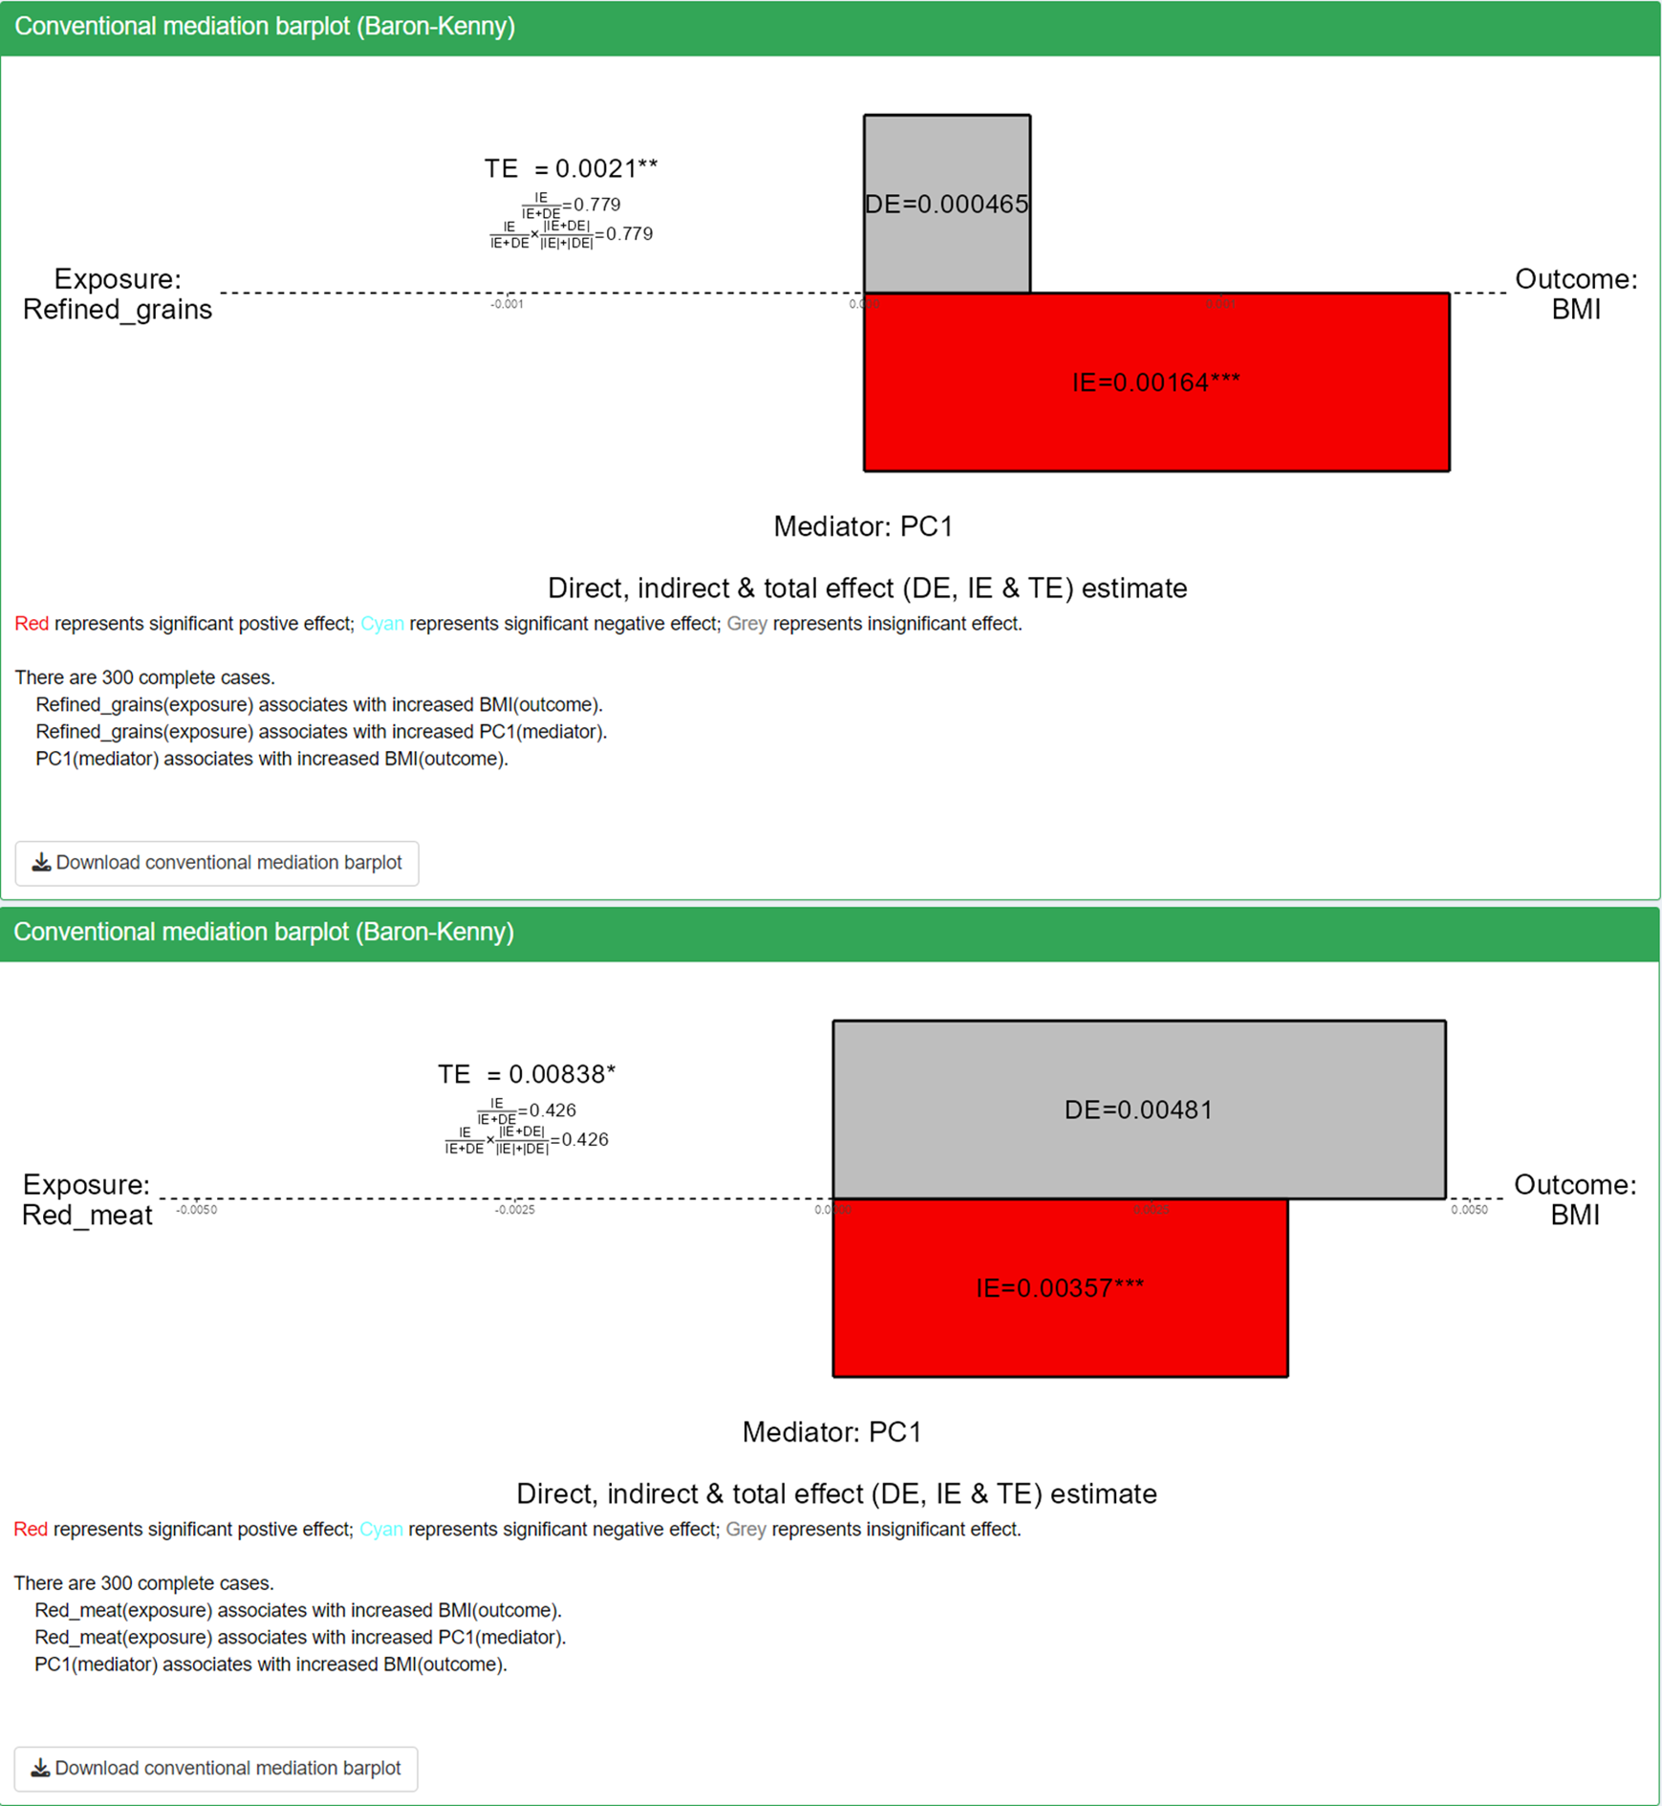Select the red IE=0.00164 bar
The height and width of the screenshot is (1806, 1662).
point(1155,382)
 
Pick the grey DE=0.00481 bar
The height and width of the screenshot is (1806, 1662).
point(1138,1109)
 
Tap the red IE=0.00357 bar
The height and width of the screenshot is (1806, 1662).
point(1059,1288)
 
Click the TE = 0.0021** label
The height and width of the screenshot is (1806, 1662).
point(571,168)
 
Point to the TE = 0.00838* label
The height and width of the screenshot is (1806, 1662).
point(527,1074)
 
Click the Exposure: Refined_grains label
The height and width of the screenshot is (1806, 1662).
point(118,294)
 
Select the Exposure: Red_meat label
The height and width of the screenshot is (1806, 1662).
point(87,1199)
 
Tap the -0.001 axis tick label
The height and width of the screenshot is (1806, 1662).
point(507,305)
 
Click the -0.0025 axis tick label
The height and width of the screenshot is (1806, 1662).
point(514,1211)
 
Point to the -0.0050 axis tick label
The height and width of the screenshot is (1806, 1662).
point(197,1211)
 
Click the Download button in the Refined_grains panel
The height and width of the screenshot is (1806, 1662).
point(217,863)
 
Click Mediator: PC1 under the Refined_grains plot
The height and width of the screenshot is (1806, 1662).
point(863,527)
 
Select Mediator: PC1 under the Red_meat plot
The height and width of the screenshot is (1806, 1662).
point(831,1432)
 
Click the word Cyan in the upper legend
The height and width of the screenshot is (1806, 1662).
point(381,624)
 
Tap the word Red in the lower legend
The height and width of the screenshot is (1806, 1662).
point(31,1530)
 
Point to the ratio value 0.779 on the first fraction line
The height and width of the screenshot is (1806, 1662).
point(597,204)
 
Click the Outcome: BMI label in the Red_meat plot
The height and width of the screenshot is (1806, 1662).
point(1575,1199)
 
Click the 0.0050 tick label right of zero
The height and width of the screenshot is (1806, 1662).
point(1469,1211)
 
